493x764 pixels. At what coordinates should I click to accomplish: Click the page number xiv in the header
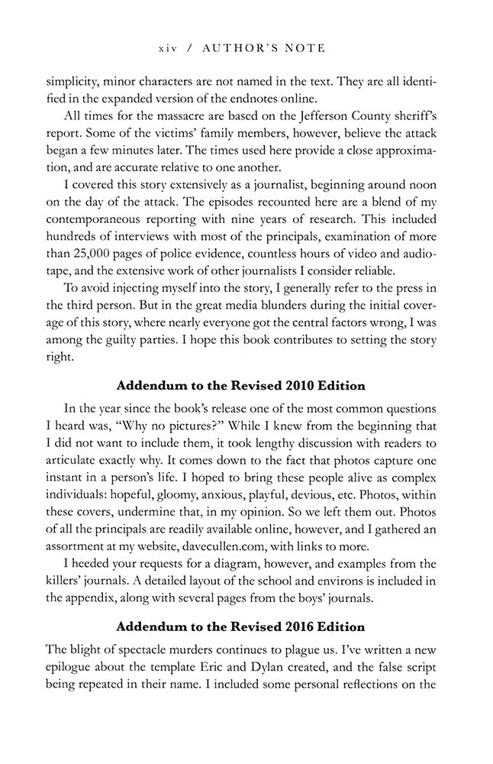coord(168,48)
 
